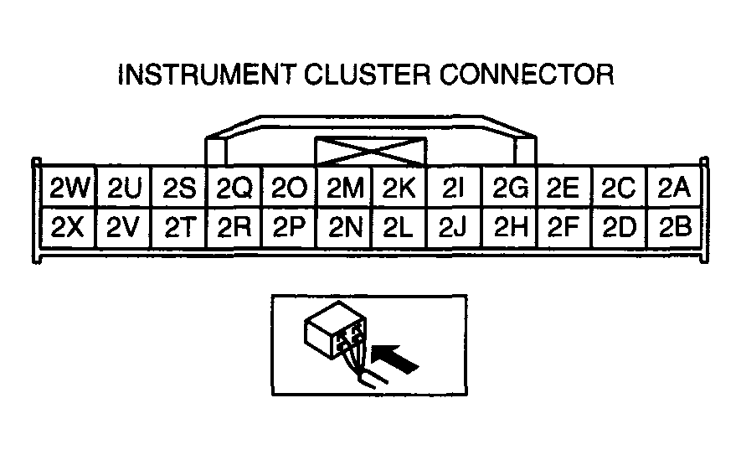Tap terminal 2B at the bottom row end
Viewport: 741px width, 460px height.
pos(674,228)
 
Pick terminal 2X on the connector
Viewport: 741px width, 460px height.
pos(69,228)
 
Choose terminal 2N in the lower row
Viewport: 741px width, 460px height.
pos(343,228)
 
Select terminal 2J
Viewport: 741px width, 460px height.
pos(453,228)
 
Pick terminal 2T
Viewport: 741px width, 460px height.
pos(179,228)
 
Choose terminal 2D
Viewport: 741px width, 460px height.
pos(619,228)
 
